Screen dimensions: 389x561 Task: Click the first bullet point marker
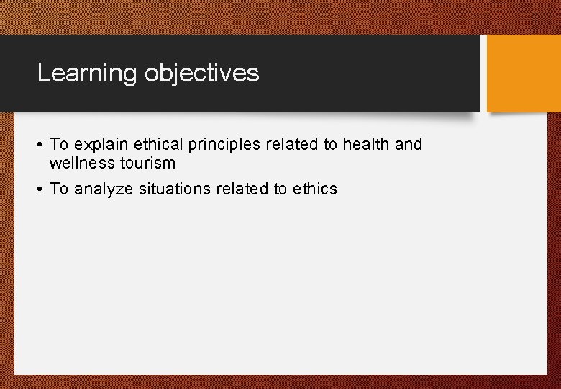click(39, 145)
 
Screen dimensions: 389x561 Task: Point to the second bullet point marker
click(39, 189)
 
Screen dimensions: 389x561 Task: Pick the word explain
click(100, 145)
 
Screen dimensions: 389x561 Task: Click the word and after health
click(409, 144)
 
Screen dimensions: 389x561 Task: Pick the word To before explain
click(59, 144)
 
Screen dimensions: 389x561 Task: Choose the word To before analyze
click(59, 189)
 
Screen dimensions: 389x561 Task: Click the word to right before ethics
click(280, 189)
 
